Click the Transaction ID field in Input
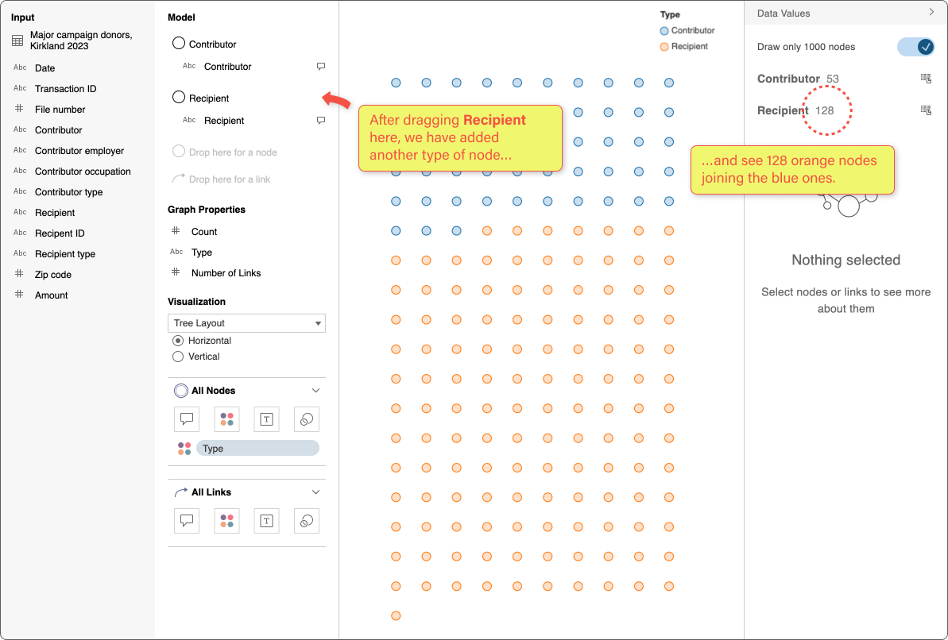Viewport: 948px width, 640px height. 65,89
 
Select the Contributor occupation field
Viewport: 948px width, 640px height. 83,172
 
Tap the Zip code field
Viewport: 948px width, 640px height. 52,275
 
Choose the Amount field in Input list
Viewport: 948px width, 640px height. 51,295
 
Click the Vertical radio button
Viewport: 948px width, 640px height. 178,357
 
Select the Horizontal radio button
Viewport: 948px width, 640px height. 178,341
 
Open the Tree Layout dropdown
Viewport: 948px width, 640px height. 246,323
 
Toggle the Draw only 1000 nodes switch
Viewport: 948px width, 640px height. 915,47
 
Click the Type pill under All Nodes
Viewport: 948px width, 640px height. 257,449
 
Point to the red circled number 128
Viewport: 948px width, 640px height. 825,110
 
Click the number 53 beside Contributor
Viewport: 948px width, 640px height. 832,79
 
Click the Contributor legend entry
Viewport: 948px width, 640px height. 687,31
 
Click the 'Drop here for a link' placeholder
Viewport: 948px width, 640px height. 229,179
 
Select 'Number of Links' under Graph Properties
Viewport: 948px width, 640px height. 226,273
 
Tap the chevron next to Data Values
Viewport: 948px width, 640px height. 931,13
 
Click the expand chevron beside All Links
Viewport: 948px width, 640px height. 315,492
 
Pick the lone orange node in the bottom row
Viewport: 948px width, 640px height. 396,615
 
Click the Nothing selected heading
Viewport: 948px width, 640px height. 845,260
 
